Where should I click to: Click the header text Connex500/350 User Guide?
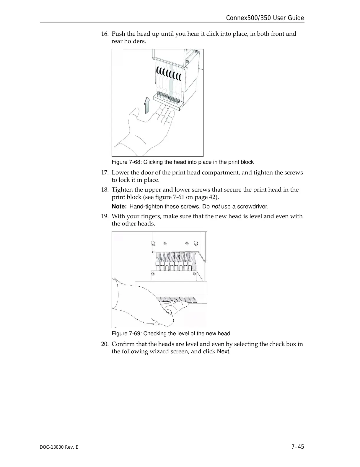(x=265, y=18)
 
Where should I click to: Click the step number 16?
(x=105, y=34)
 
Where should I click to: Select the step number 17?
(x=105, y=172)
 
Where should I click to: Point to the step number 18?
(x=105, y=190)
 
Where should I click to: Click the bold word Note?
(x=119, y=206)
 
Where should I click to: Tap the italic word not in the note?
(x=216, y=206)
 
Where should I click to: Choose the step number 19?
(x=105, y=216)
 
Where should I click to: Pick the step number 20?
(x=105, y=344)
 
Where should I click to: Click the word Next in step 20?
(x=223, y=352)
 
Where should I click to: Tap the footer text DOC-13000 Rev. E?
(x=59, y=447)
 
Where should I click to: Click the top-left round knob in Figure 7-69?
(x=153, y=244)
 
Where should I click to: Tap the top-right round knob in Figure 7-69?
(x=196, y=244)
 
